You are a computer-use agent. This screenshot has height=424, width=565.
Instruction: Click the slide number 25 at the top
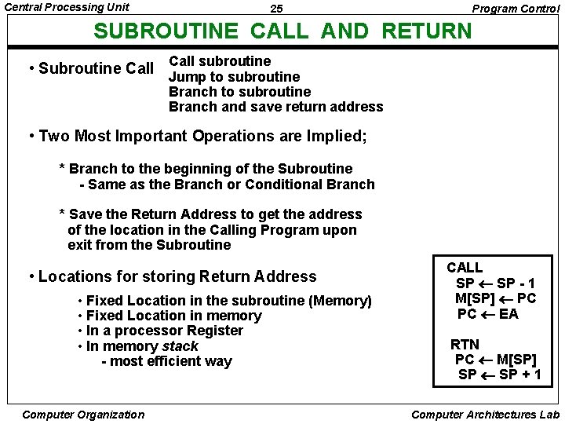276,9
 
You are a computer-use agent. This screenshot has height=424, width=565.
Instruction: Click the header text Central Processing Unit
67,7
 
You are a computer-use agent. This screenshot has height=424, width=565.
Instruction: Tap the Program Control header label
516,9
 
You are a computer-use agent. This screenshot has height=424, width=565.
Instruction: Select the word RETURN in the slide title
427,31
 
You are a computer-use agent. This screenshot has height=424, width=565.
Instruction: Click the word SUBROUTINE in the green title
166,31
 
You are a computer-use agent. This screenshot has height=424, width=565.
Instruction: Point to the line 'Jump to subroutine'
234,76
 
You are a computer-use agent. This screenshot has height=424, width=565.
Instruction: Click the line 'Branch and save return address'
275,107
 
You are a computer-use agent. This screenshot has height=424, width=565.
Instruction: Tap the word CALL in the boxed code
465,268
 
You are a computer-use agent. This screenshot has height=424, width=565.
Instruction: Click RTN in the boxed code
465,344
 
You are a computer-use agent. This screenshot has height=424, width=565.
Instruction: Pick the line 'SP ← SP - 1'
496,283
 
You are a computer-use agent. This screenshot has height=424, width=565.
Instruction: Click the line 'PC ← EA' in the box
487,314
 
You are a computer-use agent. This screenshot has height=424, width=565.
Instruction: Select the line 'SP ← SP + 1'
499,375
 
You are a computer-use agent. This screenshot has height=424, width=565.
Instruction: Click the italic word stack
180,346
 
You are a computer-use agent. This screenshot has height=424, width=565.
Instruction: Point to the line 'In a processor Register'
165,331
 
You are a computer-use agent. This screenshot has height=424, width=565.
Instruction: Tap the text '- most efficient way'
167,361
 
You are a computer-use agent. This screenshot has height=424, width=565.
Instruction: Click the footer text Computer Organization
84,415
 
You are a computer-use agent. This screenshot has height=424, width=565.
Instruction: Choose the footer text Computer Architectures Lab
485,415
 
